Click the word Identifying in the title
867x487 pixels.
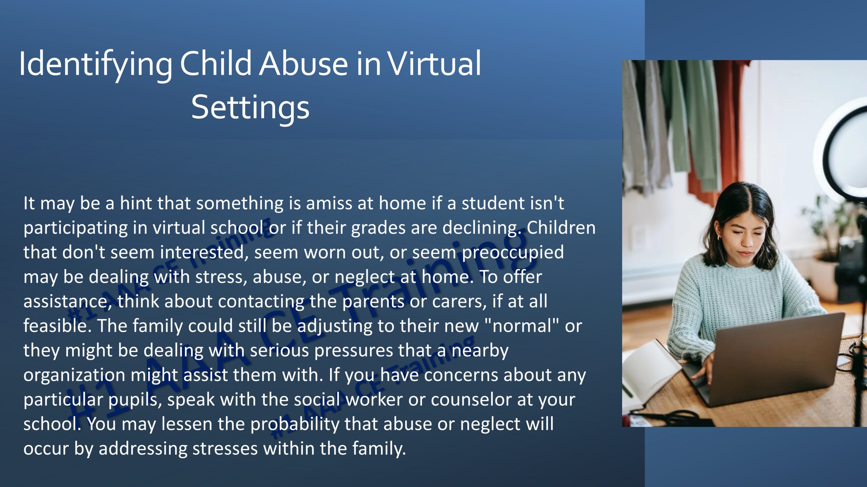(x=96, y=64)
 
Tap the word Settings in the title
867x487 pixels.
(x=250, y=108)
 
